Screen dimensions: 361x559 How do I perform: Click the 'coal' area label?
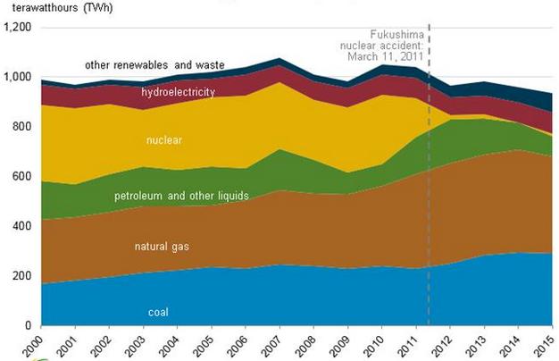pos(158,312)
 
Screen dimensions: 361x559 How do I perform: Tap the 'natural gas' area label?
pos(161,246)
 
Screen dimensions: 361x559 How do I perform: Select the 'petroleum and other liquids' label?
pos(181,195)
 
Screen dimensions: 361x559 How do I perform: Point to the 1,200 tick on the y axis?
pos(18,28)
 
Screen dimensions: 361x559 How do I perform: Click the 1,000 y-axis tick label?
pos(18,78)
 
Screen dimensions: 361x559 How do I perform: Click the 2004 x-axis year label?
pos(173,344)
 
